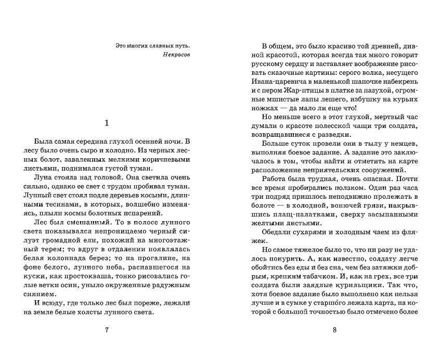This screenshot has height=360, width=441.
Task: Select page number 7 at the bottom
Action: click(107, 329)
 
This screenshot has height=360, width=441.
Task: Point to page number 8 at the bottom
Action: click(335, 329)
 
